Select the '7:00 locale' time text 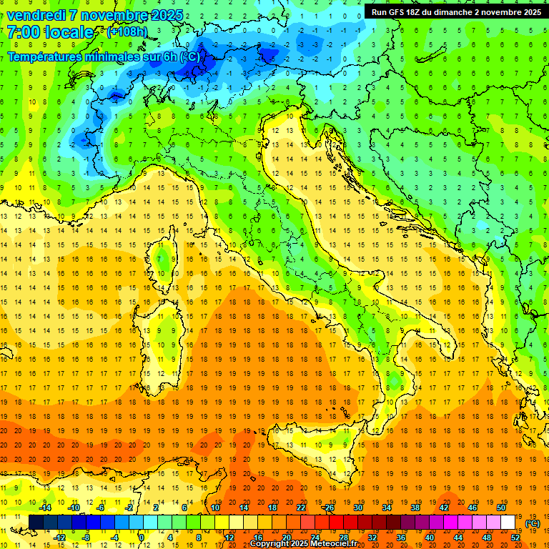(x=50, y=33)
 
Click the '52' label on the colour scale (x=515, y=538)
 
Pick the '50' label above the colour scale (x=501, y=508)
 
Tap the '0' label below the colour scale (x=142, y=538)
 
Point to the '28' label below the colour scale (x=343, y=538)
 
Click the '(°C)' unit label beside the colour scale (x=533, y=523)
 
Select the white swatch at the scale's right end (x=508, y=523)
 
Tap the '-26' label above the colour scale (x=328, y=508)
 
